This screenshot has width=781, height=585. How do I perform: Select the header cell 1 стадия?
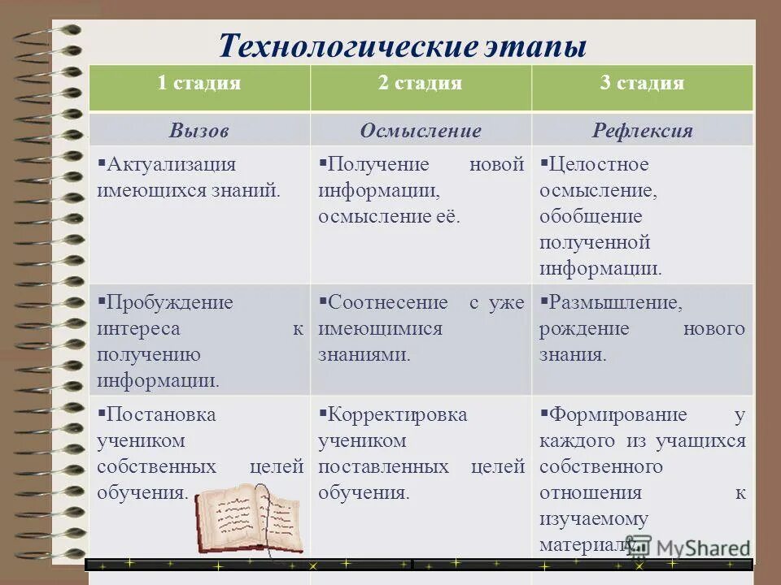coord(199,83)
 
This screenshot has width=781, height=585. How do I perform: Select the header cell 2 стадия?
coord(421,83)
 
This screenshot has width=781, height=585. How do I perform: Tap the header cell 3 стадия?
coord(643,83)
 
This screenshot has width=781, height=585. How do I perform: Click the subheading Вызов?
coord(199,131)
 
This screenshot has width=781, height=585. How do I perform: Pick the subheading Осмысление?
coord(421,131)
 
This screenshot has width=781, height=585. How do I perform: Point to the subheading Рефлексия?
coord(643,131)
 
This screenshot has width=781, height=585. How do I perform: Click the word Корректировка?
coord(397,414)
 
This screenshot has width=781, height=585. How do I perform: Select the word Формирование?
coord(618,414)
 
